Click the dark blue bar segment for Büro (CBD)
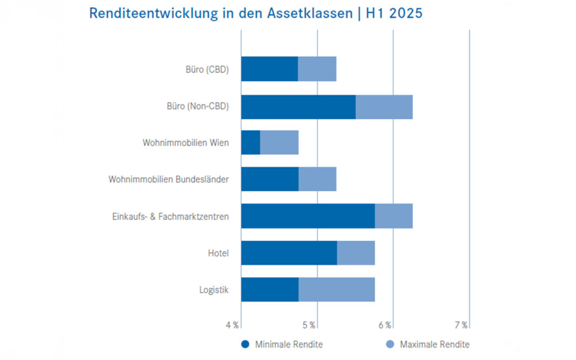(269, 69)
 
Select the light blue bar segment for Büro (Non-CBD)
(384, 107)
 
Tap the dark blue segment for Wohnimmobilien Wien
(250, 142)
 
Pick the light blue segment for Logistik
(336, 290)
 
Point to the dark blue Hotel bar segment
(289, 253)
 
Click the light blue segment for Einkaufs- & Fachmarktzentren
(393, 216)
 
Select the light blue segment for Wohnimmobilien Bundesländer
(317, 179)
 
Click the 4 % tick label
(232, 325)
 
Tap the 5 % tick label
(308, 325)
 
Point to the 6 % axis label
(385, 325)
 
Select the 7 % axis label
(461, 325)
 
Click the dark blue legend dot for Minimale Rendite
(245, 344)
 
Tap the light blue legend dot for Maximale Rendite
(389, 344)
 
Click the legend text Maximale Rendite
(434, 344)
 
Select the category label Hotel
(218, 253)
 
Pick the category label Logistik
(214, 290)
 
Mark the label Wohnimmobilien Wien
(186, 142)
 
